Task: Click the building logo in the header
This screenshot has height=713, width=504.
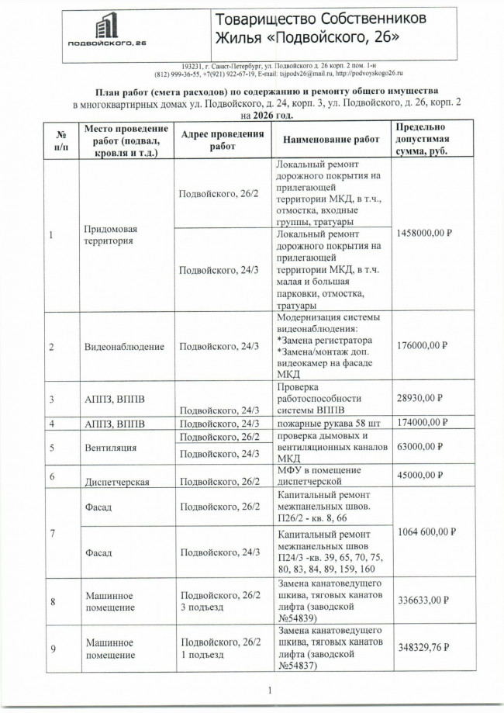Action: coord(106,29)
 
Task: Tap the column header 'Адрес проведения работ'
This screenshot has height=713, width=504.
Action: coord(222,140)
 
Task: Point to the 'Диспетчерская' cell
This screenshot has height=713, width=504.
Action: coord(116,481)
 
